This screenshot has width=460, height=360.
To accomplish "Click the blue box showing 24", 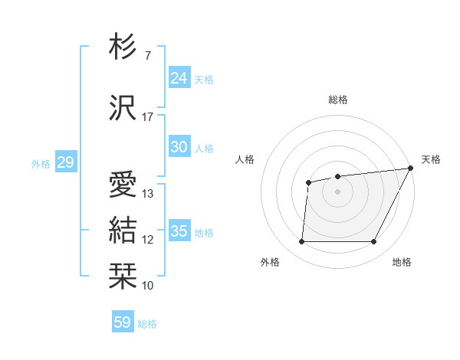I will pyautogui.click(x=179, y=78).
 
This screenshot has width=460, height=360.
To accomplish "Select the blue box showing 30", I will pyautogui.click(x=179, y=147).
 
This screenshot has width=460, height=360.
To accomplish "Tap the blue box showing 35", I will pyautogui.click(x=179, y=231).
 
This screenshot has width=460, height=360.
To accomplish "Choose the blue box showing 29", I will pyautogui.click(x=65, y=162).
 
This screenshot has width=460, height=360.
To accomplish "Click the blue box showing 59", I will pyautogui.click(x=122, y=322).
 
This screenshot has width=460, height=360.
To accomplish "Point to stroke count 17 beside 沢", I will pyautogui.click(x=148, y=117).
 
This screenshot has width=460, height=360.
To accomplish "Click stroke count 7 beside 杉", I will pyautogui.click(x=147, y=56).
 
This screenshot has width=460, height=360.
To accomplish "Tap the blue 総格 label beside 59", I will pyautogui.click(x=147, y=324).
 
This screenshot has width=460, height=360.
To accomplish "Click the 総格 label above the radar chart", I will pyautogui.click(x=338, y=100).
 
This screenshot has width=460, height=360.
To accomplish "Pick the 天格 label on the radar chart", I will pyautogui.click(x=431, y=159).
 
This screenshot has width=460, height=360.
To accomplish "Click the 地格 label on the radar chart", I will pyautogui.click(x=402, y=262).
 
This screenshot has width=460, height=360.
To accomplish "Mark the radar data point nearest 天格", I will pyautogui.click(x=412, y=169).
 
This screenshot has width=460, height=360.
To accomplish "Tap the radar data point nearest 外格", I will pyautogui.click(x=301, y=242).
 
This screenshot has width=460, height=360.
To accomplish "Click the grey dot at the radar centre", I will pyautogui.click(x=337, y=191).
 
